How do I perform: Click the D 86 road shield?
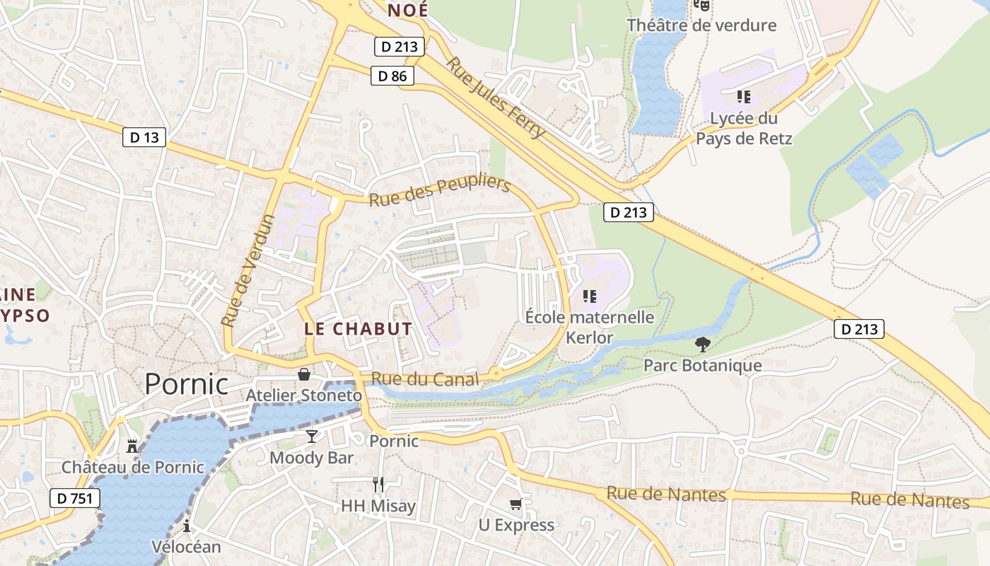coord(392,76)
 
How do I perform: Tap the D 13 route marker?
coord(144,137)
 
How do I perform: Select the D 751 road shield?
coord(75,498)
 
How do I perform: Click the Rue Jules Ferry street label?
coord(496,97)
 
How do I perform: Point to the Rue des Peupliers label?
coord(439,191)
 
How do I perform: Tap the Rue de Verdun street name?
coord(248,270)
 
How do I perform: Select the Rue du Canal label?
coord(424,379)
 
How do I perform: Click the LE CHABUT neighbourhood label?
coord(358,329)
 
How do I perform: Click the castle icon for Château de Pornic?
coord(132,446)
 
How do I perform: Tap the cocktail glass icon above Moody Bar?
coord(311,436)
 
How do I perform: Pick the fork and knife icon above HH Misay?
coord(378,485)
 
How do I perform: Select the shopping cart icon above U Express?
coord(516,504)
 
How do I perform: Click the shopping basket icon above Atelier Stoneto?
coord(304,374)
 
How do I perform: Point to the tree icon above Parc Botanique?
coord(702,345)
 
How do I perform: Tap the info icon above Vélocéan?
coord(187,526)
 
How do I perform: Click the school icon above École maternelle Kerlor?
coord(590,296)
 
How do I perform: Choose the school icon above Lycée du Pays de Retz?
coord(743,96)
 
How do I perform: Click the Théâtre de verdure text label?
coord(701,25)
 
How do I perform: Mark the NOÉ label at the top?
coord(408,11)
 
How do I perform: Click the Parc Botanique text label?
coord(702,366)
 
